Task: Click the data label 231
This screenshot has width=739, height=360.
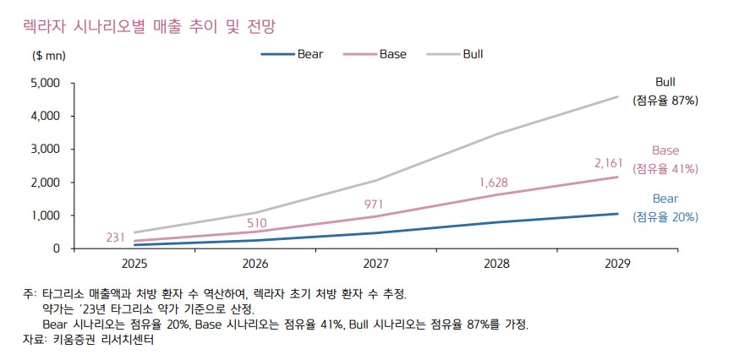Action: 116,238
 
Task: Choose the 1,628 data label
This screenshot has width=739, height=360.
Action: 495,182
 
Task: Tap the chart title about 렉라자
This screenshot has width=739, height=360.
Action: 149,27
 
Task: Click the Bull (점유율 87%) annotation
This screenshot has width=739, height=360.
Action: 665,91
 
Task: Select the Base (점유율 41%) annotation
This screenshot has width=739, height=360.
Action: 665,160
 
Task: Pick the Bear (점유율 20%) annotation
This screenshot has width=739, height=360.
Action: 665,208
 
